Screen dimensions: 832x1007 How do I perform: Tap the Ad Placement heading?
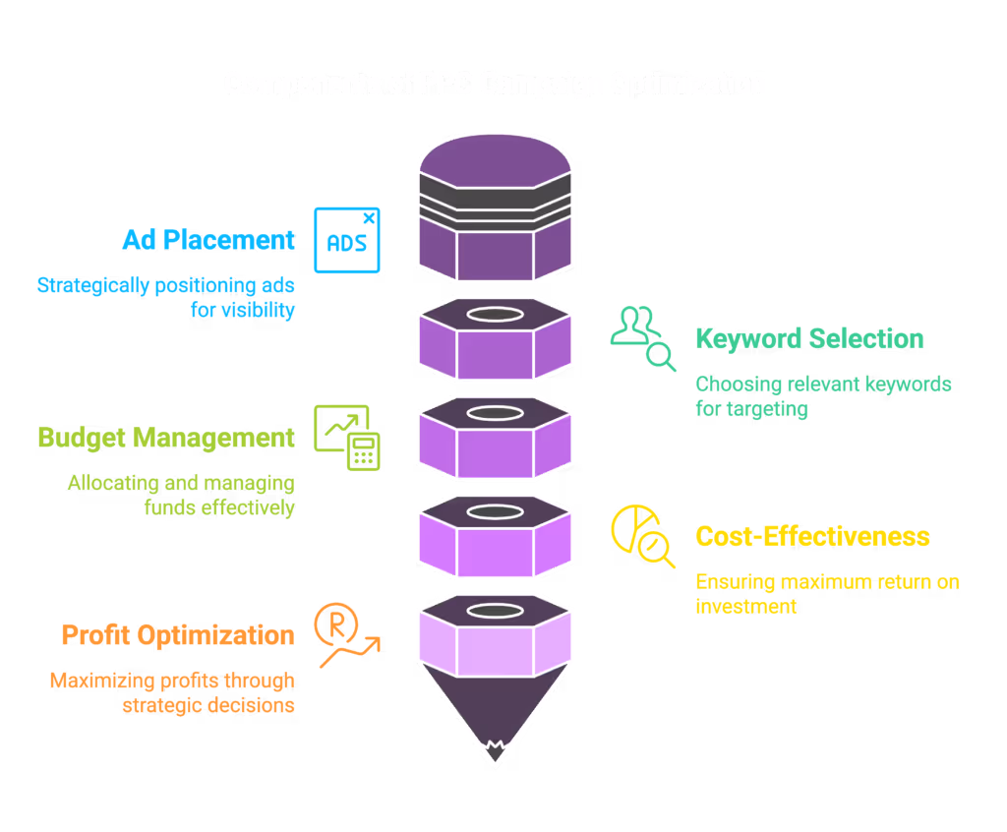(207, 240)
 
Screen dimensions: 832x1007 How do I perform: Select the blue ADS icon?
(346, 240)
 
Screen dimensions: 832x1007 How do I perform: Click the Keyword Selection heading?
(809, 339)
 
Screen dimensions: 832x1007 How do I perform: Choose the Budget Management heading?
(165, 438)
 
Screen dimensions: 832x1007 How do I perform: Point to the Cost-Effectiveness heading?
(812, 537)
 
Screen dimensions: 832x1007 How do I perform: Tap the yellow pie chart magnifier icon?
(643, 537)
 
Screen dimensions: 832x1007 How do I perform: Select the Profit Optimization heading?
(178, 635)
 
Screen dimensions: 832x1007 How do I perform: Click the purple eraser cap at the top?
(495, 157)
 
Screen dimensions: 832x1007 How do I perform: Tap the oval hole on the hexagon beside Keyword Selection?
(495, 315)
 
